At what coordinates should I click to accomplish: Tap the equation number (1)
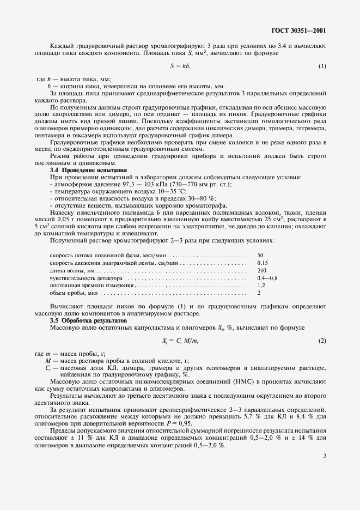pyautogui.click(x=322, y=66)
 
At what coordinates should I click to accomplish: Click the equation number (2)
pyautogui.click(x=322, y=341)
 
